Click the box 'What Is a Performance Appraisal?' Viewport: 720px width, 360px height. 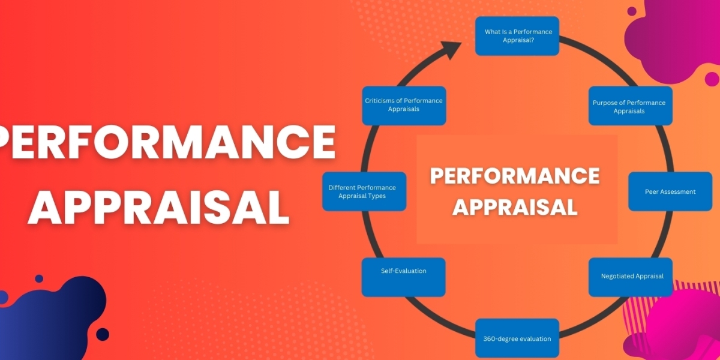tap(518, 35)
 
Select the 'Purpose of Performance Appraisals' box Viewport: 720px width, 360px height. tap(630, 106)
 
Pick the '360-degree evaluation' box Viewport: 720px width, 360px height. tap(517, 338)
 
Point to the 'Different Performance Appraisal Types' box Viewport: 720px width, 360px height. tap(364, 191)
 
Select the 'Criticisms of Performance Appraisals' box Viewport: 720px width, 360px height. tap(404, 106)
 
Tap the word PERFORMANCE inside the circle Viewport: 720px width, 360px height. tap(515, 176)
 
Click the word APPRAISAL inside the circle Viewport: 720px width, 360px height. tap(515, 206)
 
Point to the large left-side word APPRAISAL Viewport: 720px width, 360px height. tap(158, 207)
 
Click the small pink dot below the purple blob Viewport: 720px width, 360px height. tap(712, 79)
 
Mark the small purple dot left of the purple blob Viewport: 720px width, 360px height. tap(632, 11)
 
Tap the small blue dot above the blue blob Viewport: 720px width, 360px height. tap(39, 279)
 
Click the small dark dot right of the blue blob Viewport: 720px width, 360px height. tap(103, 334)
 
